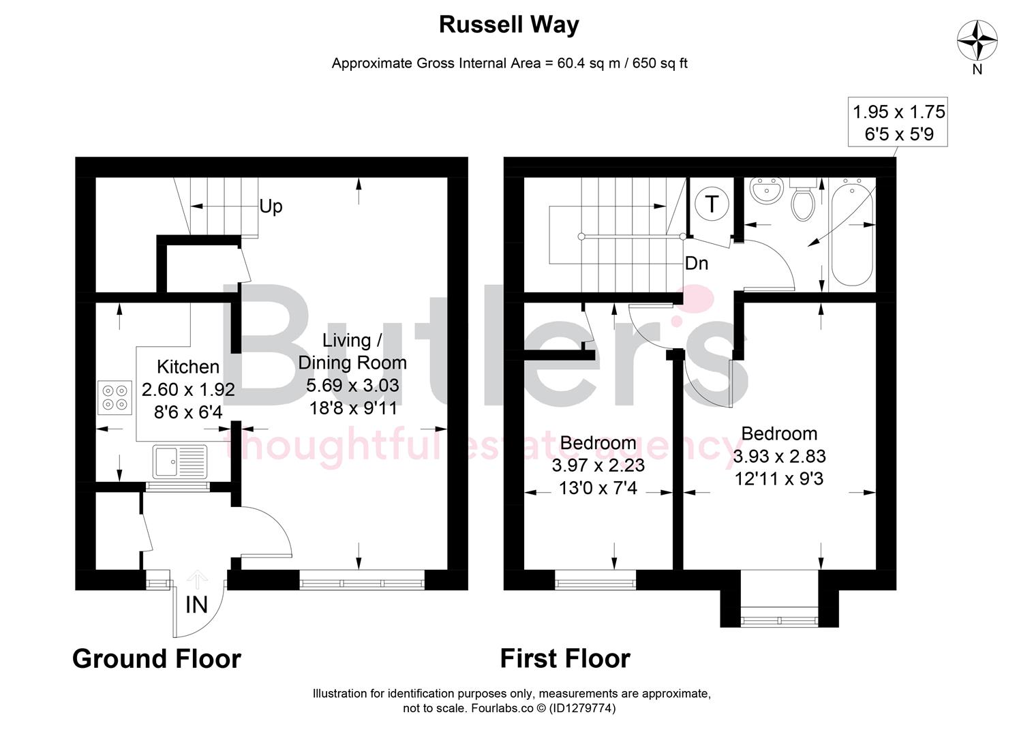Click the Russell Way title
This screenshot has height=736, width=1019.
(x=508, y=25)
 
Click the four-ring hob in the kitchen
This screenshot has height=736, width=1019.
(x=114, y=397)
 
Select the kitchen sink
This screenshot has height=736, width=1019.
(x=179, y=461)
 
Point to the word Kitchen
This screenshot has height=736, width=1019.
(x=188, y=367)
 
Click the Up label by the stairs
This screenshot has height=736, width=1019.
(x=271, y=206)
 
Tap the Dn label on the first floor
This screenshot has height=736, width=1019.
(x=696, y=263)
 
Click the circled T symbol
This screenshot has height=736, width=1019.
(x=712, y=204)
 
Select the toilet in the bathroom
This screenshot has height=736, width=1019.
(x=802, y=200)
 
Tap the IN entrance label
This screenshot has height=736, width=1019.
(x=196, y=604)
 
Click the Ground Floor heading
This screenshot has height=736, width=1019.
(x=157, y=659)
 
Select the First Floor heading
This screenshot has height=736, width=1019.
(x=565, y=659)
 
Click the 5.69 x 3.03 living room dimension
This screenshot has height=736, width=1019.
(x=352, y=385)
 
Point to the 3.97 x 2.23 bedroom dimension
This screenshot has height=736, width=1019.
(x=598, y=465)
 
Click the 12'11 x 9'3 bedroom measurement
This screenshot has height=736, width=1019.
(x=779, y=479)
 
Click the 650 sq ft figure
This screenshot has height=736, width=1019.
(x=660, y=63)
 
